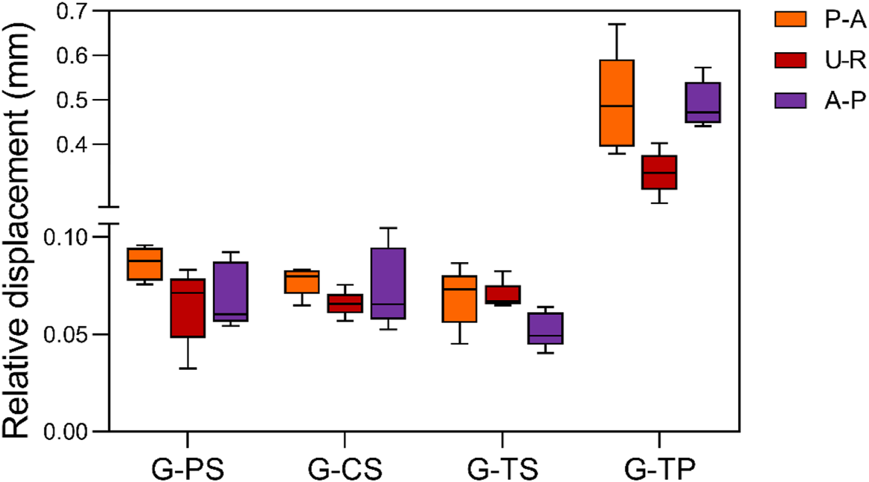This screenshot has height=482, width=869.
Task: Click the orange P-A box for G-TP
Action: tap(616, 103)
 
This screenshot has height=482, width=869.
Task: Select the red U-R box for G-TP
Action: tap(659, 172)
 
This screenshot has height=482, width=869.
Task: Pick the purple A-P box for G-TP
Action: tap(703, 102)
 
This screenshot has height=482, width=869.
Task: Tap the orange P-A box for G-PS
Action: tap(145, 263)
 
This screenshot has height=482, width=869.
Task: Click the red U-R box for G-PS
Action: tap(188, 308)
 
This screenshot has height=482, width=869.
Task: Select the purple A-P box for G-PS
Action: tap(230, 291)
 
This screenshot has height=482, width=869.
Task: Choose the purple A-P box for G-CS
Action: tap(388, 283)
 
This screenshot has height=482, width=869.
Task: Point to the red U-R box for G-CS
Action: tap(345, 303)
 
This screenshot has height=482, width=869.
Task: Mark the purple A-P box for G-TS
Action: tap(545, 328)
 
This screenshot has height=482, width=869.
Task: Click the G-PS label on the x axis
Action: tap(188, 465)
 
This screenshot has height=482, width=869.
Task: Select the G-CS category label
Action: tap(345, 465)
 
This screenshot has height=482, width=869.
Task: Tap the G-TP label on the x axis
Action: tap(659, 465)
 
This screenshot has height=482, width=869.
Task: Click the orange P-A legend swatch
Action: tap(791, 21)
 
